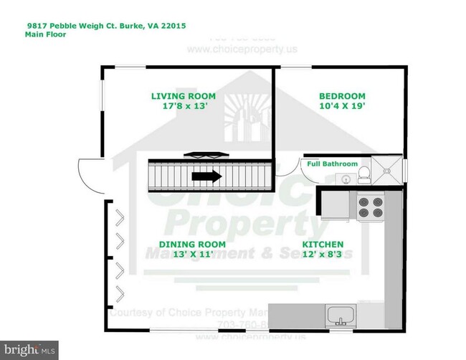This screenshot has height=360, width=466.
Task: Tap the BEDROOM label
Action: [341, 96]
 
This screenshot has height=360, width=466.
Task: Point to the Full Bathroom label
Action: [332, 164]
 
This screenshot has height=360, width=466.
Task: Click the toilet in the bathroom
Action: [364, 170]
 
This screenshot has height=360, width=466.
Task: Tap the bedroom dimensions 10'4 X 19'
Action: [341, 107]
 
